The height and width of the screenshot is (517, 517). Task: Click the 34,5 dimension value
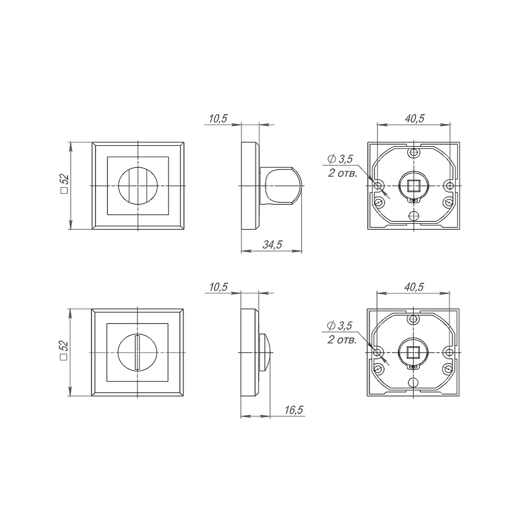(272, 245)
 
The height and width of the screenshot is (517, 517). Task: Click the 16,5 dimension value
(294, 410)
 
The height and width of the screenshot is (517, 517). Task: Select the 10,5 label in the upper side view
(218, 119)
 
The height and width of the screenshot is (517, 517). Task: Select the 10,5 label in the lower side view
(218, 287)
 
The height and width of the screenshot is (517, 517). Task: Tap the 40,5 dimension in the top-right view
(415, 119)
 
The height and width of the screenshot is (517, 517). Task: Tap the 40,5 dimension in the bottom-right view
(414, 287)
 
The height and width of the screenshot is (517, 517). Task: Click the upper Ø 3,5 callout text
(340, 159)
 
